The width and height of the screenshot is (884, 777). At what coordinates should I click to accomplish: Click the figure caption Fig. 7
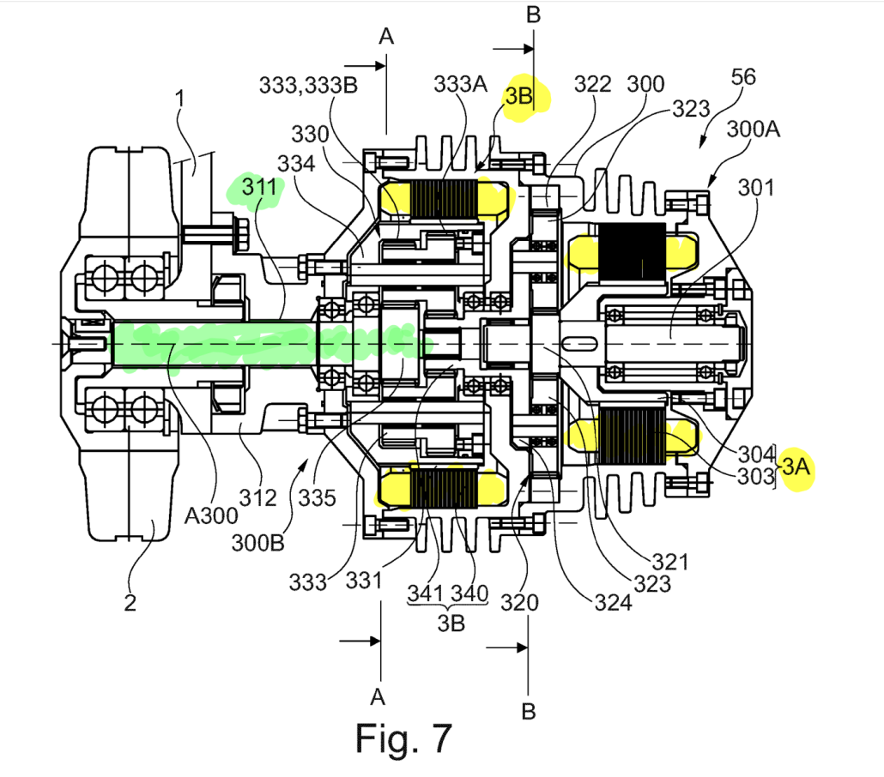pos(403,738)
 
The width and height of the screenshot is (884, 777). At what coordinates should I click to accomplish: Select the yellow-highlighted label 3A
pos(796,468)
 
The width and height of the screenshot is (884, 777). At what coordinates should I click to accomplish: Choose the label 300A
pos(754,131)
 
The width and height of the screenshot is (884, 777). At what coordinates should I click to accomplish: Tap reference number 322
pos(593,84)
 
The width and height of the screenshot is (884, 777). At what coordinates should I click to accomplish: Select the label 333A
pos(460,84)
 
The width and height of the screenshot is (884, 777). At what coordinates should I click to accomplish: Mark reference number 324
pos(613,602)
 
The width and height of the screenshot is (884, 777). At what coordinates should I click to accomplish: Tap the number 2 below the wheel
pos(130,603)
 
